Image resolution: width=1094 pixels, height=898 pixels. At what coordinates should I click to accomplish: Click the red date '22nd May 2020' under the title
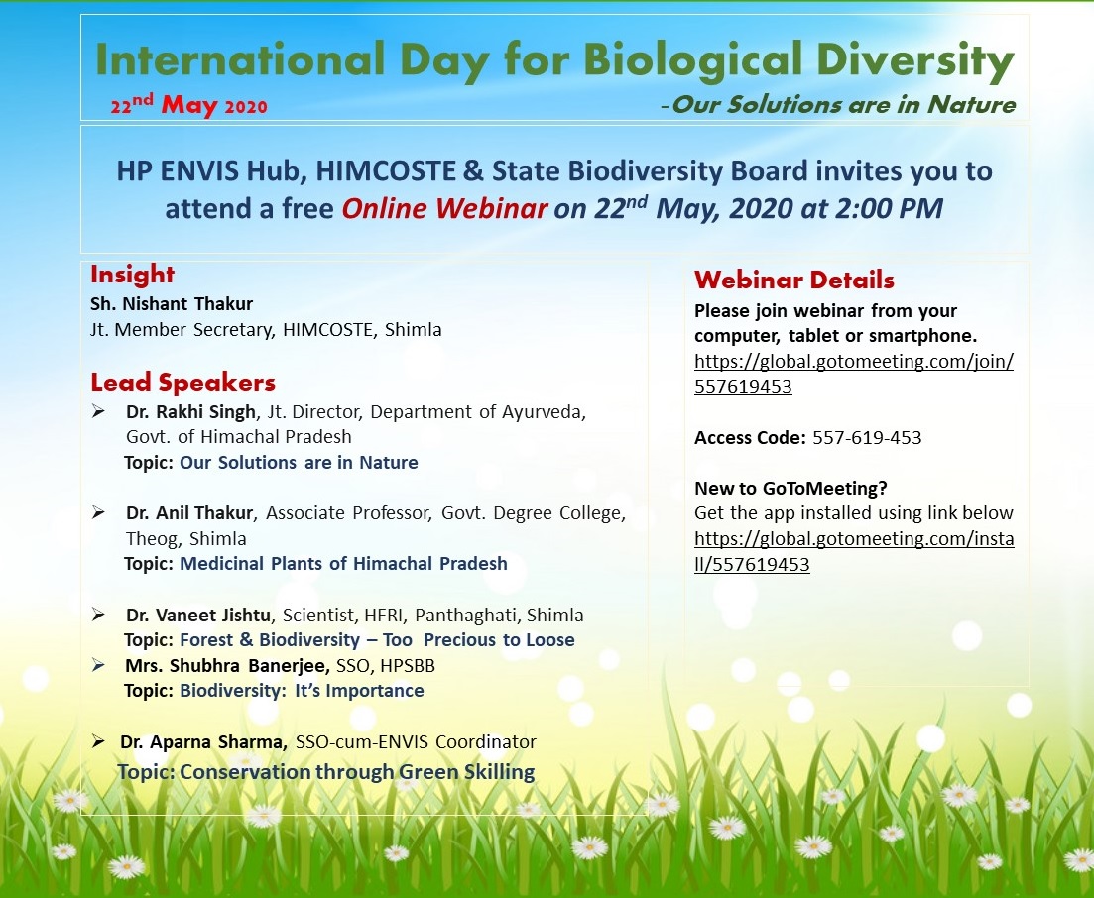[189, 105]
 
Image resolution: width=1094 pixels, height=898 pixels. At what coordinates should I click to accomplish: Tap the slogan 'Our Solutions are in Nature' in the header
[843, 105]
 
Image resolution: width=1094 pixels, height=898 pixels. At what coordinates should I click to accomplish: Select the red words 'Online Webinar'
[444, 208]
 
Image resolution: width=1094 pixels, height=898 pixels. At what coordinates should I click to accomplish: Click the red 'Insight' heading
[132, 274]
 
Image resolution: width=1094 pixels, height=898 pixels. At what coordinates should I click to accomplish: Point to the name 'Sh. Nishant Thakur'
[172, 304]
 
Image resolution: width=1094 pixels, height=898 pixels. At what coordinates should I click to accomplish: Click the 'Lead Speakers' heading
[182, 382]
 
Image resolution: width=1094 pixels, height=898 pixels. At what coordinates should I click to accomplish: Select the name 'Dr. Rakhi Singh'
[190, 412]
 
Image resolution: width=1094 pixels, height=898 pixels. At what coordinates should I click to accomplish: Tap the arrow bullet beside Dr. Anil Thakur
[98, 513]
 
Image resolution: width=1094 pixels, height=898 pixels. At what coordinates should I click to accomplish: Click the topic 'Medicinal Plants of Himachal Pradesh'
[343, 563]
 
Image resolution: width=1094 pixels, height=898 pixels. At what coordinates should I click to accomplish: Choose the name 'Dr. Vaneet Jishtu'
[198, 615]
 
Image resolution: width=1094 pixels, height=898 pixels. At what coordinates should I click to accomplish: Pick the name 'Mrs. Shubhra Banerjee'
[227, 666]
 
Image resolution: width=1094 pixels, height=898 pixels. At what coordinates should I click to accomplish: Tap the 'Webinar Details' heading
[794, 280]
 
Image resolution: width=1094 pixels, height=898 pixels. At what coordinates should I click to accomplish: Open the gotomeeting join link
[854, 374]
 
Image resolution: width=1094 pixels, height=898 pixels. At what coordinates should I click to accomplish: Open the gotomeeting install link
[854, 551]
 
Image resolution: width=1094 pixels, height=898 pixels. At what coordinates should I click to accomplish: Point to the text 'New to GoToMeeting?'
[790, 488]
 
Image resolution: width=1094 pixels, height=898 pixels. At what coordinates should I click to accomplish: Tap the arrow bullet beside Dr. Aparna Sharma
[98, 741]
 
